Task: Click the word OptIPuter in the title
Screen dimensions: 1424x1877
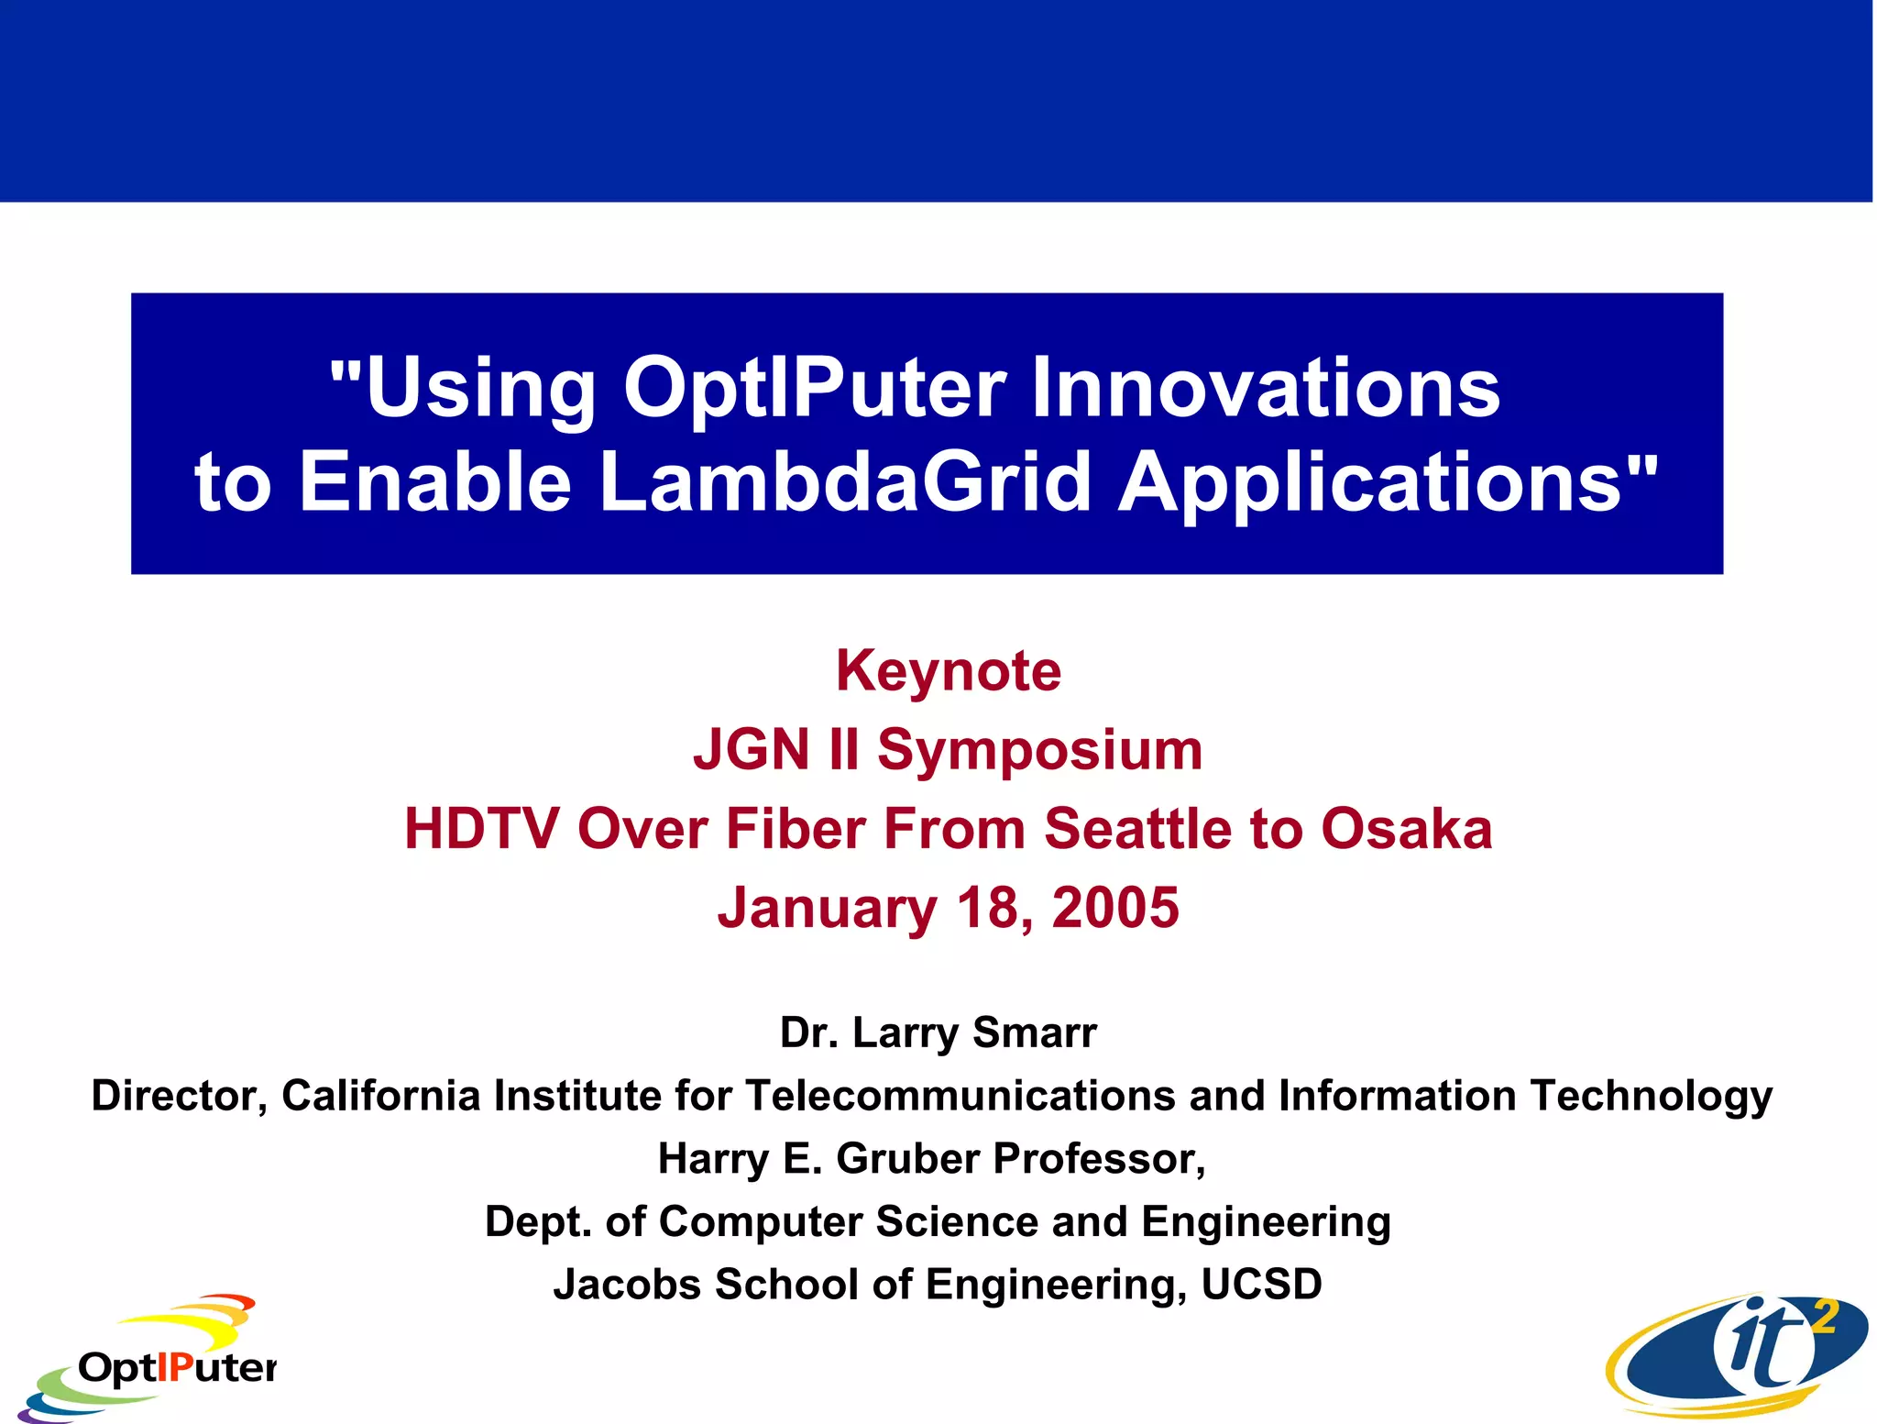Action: point(815,388)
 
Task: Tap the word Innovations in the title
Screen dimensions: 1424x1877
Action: point(1266,388)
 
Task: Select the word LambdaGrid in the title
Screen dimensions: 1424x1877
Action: point(845,482)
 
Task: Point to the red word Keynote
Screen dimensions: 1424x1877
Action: point(948,671)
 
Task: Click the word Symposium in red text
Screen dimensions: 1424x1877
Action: point(1039,750)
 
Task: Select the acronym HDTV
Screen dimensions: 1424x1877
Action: point(481,829)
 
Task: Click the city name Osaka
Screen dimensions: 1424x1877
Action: point(1406,829)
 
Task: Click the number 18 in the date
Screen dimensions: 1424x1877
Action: point(989,908)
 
